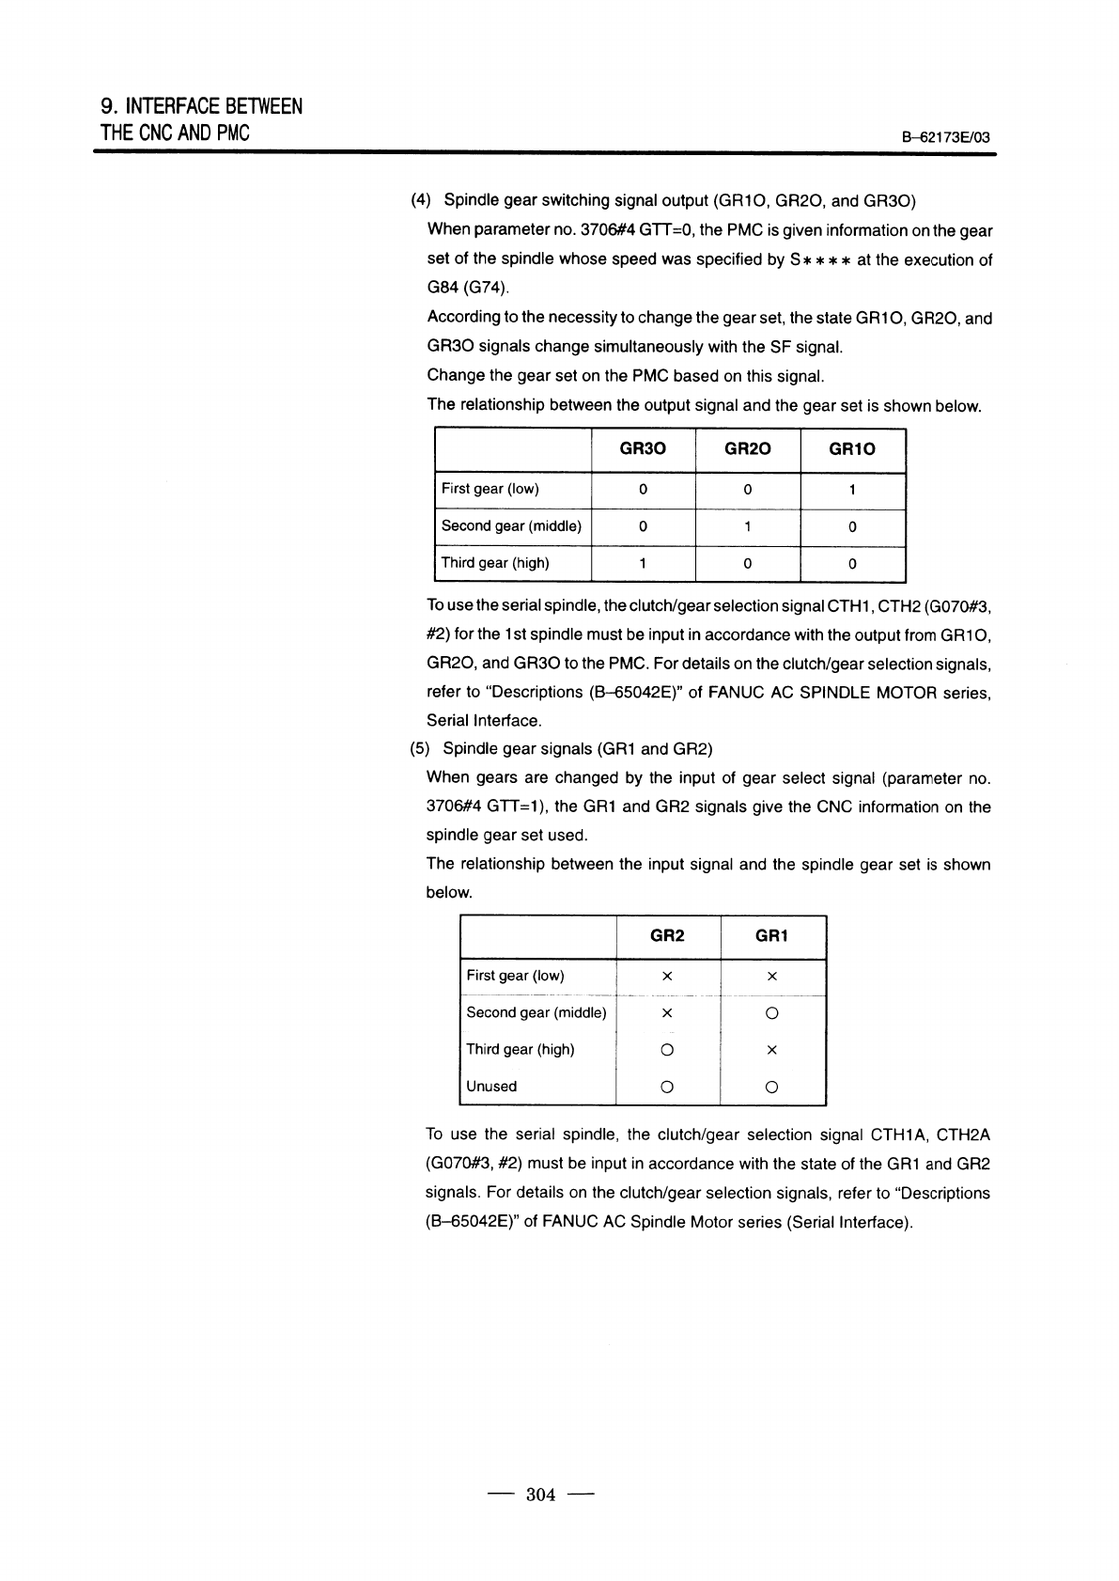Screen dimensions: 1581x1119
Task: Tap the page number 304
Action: [541, 1495]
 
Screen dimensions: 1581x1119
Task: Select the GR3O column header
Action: [643, 449]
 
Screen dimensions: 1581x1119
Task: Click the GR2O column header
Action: [747, 449]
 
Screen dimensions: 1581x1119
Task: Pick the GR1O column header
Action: [851, 449]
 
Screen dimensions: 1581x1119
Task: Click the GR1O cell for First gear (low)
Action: [851, 490]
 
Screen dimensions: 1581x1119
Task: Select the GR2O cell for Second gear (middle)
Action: [747, 526]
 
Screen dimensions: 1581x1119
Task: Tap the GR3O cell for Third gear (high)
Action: [643, 564]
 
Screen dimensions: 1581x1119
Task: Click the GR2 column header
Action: [667, 935]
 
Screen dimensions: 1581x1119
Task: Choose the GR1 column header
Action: [771, 935]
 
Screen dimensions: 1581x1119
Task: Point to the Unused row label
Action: [491, 1087]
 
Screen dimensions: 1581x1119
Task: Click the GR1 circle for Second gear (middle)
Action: [771, 1013]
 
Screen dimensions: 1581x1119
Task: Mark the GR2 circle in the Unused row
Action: [667, 1088]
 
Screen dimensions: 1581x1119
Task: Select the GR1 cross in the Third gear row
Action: [771, 1050]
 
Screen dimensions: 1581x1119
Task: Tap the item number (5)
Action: [420, 749]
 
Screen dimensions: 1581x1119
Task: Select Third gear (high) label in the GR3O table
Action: [495, 563]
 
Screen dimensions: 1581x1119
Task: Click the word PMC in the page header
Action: [232, 133]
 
